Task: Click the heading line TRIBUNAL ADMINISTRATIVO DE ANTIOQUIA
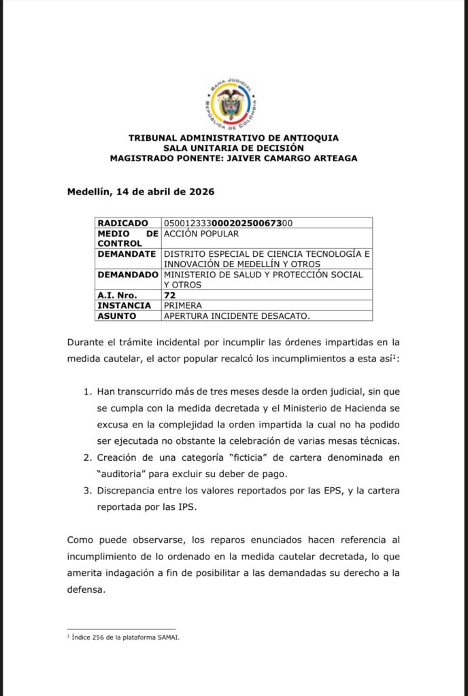(233, 138)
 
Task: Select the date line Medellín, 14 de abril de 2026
(141, 192)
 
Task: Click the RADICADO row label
(123, 223)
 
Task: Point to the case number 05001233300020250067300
(229, 223)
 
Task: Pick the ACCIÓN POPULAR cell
(201, 233)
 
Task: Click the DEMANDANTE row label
(127, 254)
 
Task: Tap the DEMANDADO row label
(127, 275)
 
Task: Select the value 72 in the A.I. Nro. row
(169, 295)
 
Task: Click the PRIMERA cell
(183, 305)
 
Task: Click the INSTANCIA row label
(124, 305)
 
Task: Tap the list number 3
(86, 491)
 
